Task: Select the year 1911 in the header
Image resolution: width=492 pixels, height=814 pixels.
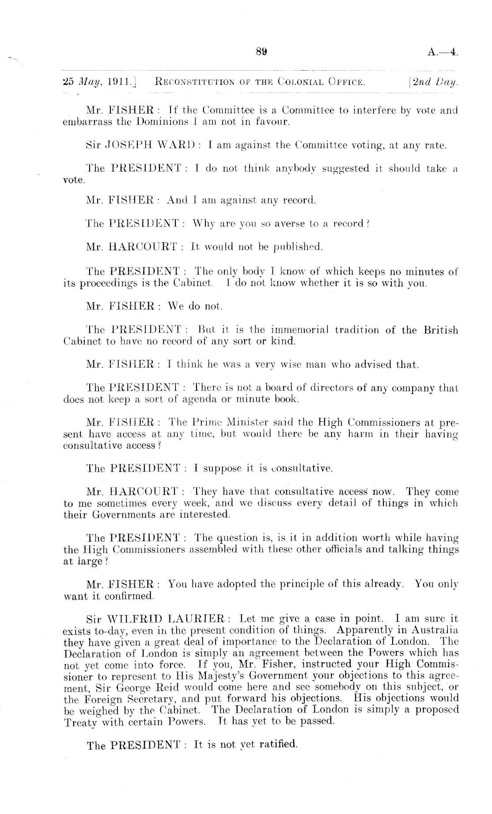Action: click(x=108, y=82)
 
